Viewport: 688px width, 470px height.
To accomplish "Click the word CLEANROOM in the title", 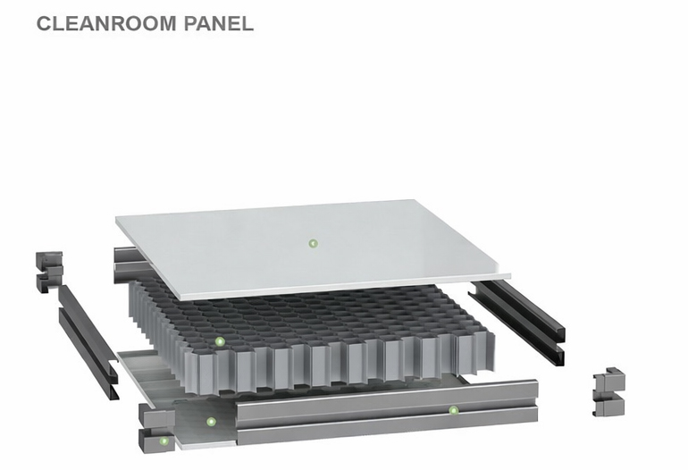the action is tap(106, 23).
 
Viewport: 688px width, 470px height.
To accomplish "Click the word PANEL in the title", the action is tap(219, 23).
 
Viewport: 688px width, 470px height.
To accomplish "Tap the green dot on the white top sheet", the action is tap(313, 243).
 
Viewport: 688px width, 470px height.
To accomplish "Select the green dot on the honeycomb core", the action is tap(220, 341).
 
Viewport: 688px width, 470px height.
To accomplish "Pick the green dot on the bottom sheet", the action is tap(211, 422).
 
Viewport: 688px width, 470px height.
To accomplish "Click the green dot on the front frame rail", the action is tap(453, 410).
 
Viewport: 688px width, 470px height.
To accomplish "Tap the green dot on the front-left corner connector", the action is tap(164, 441).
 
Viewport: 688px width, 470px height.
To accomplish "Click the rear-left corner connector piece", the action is tap(48, 273).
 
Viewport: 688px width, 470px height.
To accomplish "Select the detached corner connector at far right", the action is tap(609, 392).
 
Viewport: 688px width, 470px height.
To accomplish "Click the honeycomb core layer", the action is tap(312, 338).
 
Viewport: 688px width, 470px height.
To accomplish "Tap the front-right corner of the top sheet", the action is tap(511, 276).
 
